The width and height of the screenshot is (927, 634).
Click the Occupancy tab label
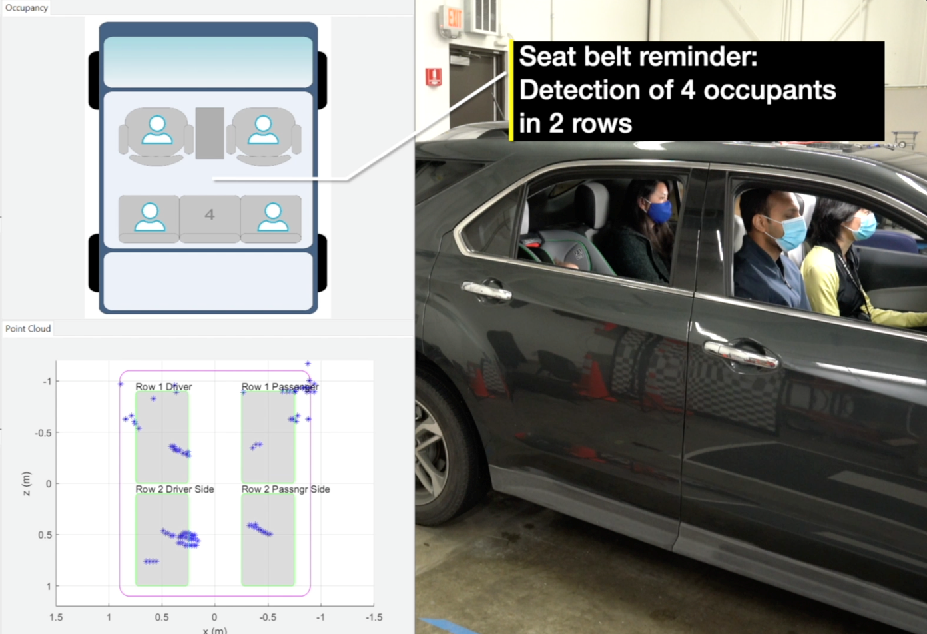pos(27,8)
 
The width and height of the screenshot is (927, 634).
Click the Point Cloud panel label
pos(28,328)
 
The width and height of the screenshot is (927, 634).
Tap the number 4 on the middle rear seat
pos(210,214)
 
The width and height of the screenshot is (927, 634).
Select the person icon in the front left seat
pos(157,130)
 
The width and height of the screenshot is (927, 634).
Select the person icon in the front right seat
pos(263,130)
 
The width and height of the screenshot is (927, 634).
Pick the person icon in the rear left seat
pos(150,217)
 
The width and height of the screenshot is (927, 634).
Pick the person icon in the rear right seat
pos(272,217)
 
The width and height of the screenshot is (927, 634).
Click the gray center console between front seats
pos(210,133)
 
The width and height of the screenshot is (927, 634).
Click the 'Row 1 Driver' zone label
pos(163,386)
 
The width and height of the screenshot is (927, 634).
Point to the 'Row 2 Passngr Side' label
pos(285,489)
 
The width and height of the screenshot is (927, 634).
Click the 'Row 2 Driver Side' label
pos(174,489)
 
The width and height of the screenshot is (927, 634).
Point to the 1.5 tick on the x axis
pos(56,617)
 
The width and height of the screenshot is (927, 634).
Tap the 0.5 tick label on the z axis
pos(43,535)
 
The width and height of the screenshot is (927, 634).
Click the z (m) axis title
pos(26,484)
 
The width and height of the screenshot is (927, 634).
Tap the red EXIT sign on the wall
pos(454,18)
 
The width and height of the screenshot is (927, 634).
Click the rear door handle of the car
pos(487,290)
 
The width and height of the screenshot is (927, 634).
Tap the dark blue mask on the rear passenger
pos(659,212)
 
